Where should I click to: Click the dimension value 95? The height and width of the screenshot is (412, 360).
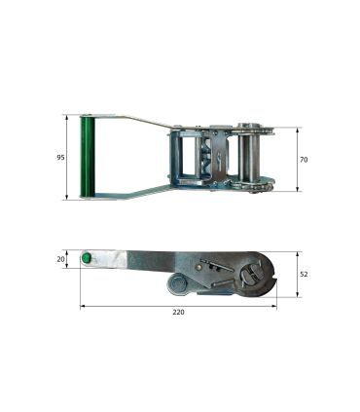pos(60,158)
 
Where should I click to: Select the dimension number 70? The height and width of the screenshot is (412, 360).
pos(304,160)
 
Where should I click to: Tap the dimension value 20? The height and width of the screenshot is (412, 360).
pos(60,259)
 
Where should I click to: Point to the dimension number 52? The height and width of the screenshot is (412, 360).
pos(304,275)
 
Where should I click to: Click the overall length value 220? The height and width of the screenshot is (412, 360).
pos(178,312)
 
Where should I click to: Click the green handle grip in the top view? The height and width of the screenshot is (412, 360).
pos(87,157)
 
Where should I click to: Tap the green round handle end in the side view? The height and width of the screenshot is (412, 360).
pos(87,258)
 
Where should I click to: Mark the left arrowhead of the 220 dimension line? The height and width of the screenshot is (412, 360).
pos(82,306)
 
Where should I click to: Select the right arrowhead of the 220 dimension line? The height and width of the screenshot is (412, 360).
pos(274,306)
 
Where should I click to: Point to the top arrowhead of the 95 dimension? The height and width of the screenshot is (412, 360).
pos(67,117)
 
